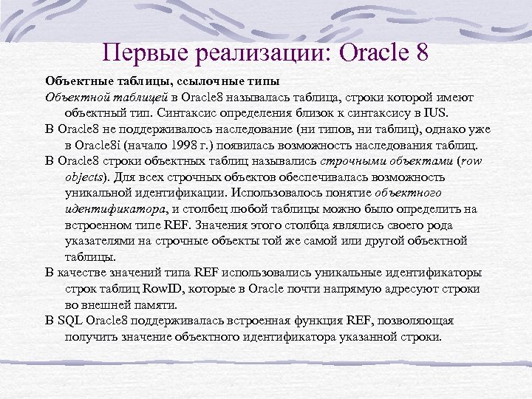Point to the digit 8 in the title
421,52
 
